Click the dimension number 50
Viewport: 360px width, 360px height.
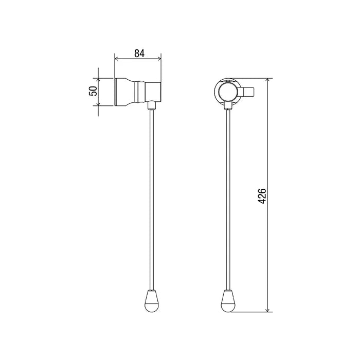[x=93, y=92]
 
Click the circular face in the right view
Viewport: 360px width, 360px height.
[x=227, y=92]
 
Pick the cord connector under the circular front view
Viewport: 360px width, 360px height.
[x=227, y=106]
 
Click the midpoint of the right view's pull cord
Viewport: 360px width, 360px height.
[x=227, y=201]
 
